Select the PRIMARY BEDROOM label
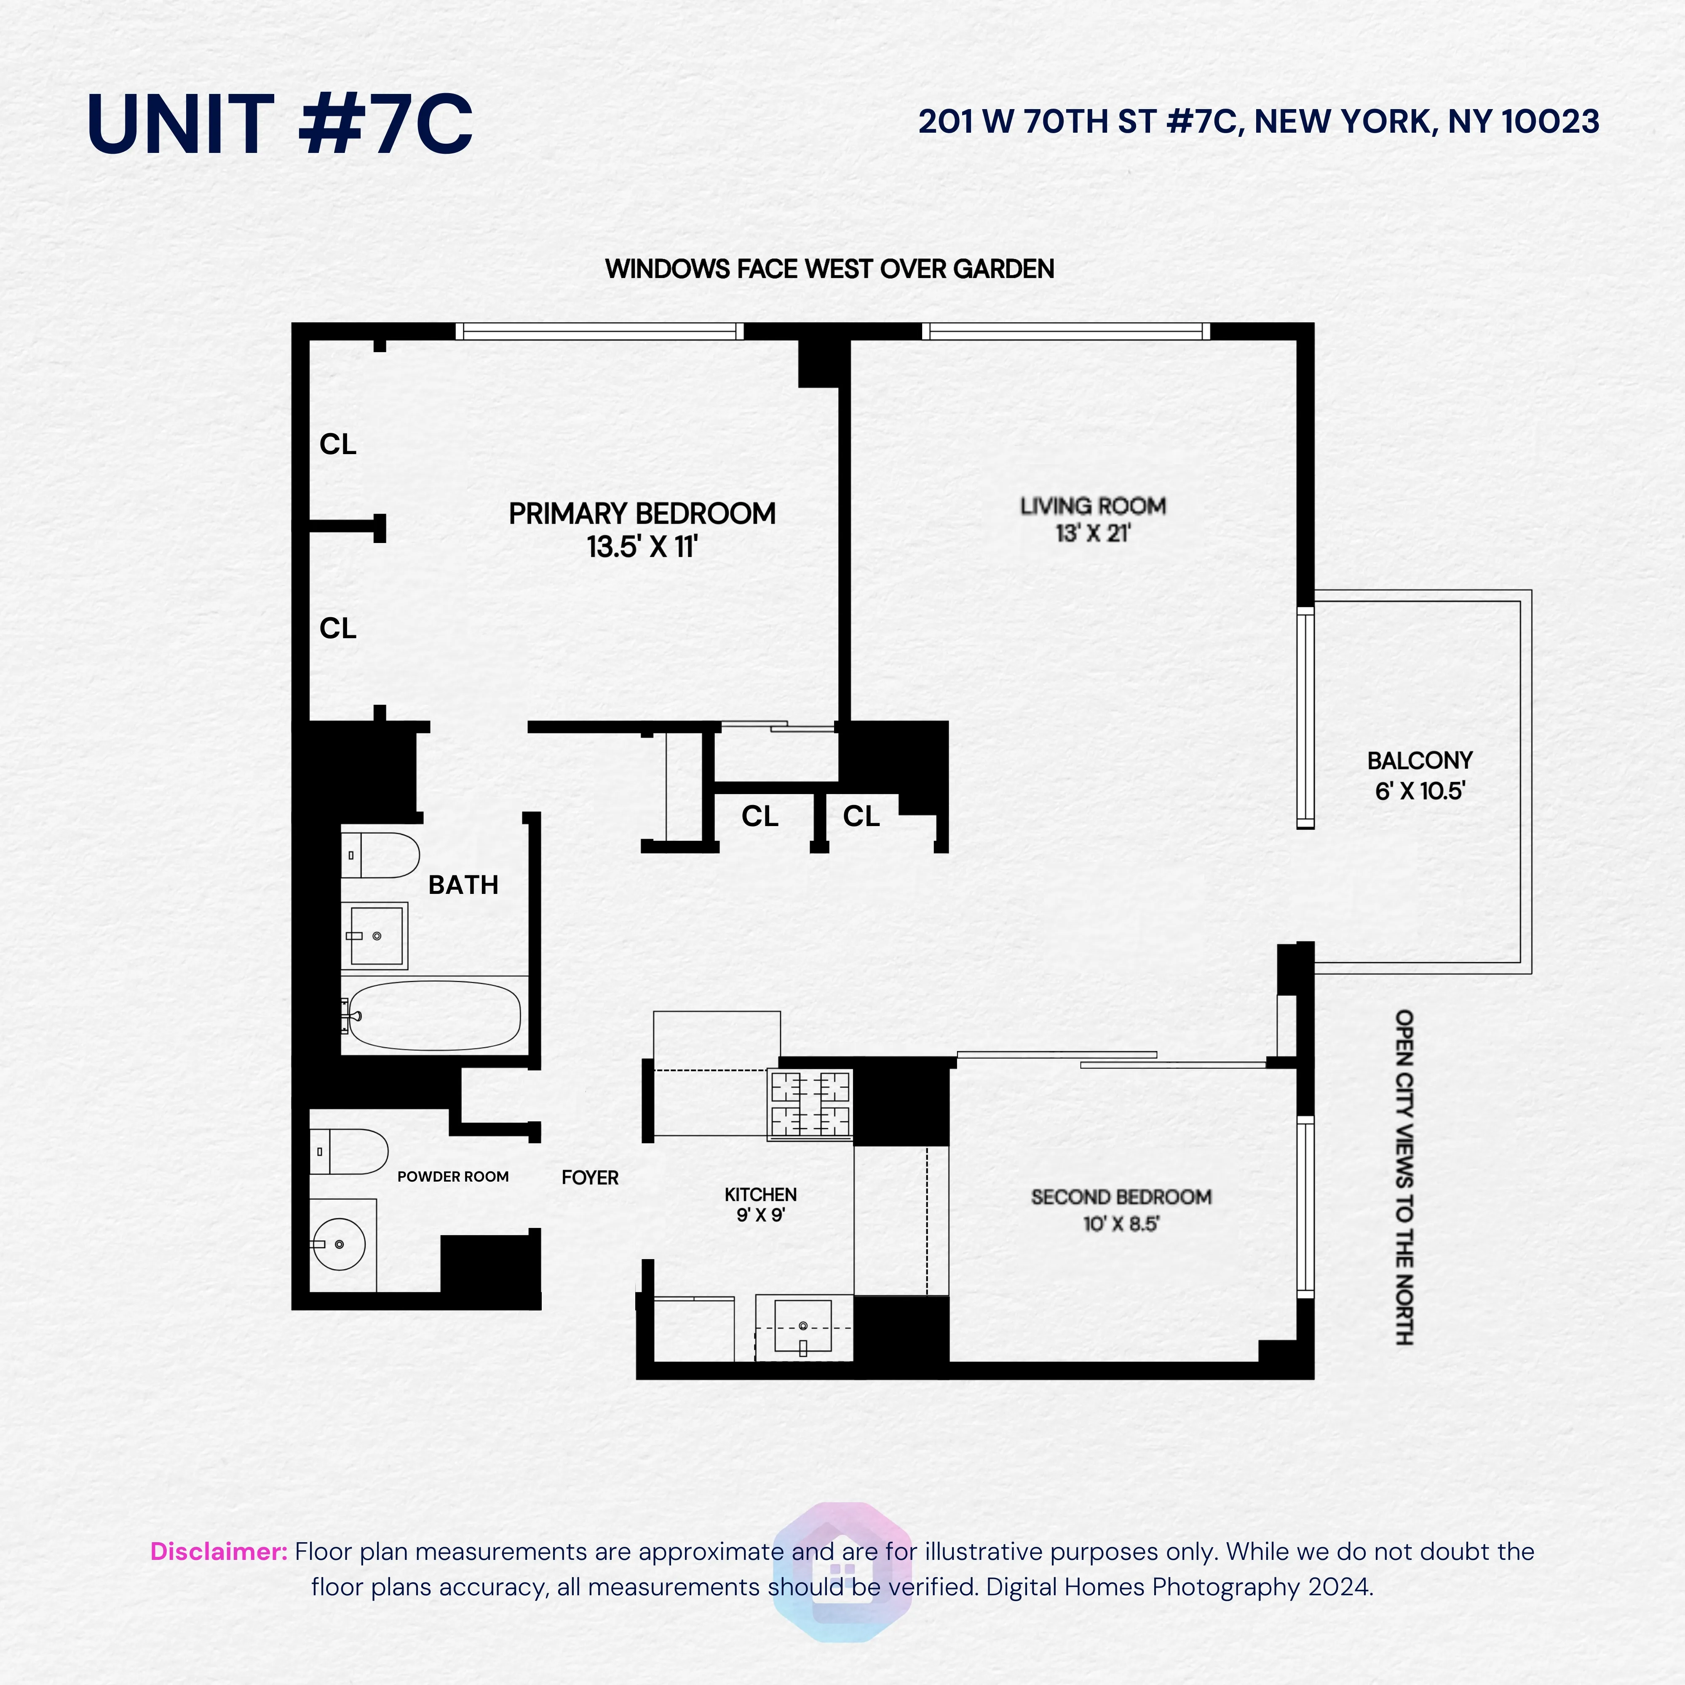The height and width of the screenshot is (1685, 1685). (642, 514)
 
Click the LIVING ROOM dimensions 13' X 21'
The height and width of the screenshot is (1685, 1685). (1093, 534)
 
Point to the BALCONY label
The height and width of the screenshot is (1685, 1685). (1419, 760)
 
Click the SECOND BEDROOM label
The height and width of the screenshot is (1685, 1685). (1121, 1197)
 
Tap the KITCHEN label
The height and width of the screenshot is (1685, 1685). (760, 1194)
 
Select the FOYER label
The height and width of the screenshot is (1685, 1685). (590, 1177)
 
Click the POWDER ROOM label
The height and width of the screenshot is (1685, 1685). (453, 1177)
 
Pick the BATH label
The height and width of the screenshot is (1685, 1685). (463, 885)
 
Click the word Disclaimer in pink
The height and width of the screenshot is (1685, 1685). (218, 1551)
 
